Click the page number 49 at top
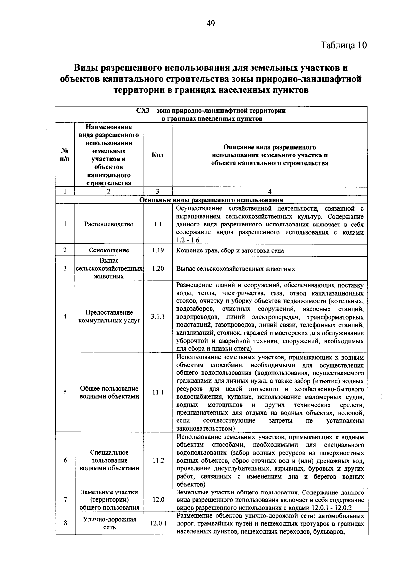coord(210,23)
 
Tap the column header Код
coord(158,155)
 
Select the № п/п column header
coord(65,155)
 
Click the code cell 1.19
coord(158,250)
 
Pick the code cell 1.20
coord(158,268)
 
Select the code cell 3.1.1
coord(158,316)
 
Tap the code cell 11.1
coord(158,392)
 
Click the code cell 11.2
coord(158,460)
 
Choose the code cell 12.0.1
coord(158,523)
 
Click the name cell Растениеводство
coord(109,224)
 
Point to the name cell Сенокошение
coord(109,250)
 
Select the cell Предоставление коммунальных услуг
coord(109,316)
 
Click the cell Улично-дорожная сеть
coord(109,523)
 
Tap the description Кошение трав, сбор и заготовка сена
coord(230,250)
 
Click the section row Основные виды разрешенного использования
coord(211,200)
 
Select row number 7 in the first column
coord(65,500)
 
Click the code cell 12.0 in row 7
coord(158,500)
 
